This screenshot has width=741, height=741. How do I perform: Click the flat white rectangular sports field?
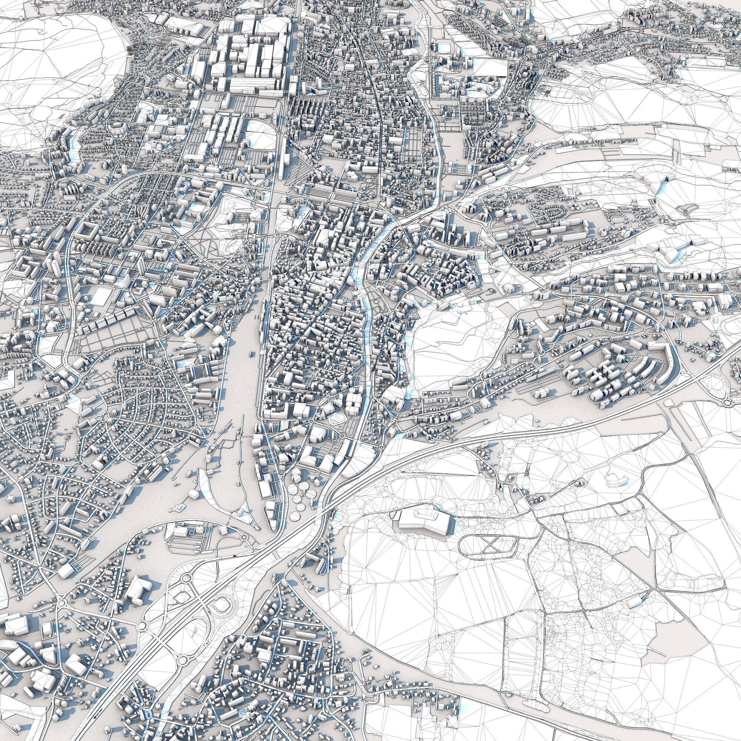coord(100,296)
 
